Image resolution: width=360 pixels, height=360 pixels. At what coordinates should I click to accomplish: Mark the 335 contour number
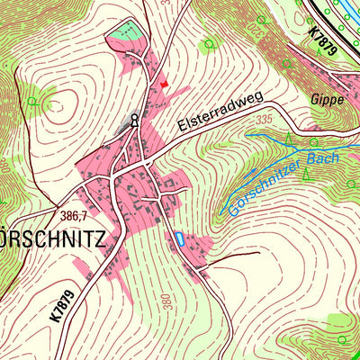click(263, 119)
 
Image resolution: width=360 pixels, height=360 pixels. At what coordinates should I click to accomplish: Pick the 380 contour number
click(167, 301)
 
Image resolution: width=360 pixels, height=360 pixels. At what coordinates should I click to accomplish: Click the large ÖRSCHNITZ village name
click(54, 240)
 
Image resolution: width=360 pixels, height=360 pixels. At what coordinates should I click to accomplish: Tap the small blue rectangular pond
click(178, 238)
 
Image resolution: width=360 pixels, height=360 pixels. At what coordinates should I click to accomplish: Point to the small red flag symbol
click(164, 83)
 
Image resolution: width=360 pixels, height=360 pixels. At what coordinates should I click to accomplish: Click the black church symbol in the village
click(135, 119)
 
